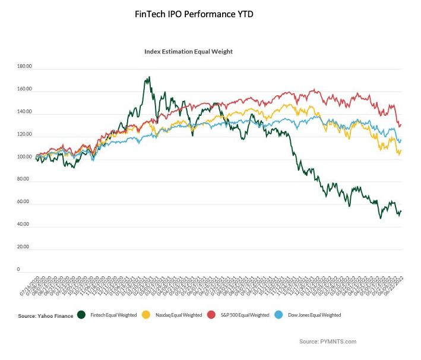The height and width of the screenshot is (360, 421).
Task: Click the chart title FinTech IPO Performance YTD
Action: [194, 14]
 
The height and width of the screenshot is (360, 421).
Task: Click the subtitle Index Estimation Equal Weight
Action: [188, 52]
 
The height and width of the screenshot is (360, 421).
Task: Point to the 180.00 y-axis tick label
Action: [25, 68]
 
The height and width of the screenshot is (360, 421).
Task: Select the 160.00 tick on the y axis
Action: [25, 90]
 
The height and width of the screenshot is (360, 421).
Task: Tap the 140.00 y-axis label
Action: [25, 113]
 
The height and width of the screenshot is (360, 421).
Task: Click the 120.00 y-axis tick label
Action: [25, 135]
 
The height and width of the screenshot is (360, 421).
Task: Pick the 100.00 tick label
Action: [25, 157]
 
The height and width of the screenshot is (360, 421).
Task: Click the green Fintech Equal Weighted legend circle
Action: [81, 315]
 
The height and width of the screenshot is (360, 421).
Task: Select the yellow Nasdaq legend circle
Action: [145, 315]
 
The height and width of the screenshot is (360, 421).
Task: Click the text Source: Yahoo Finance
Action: [45, 315]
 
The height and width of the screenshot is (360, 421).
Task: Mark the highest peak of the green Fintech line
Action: [149, 77]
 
